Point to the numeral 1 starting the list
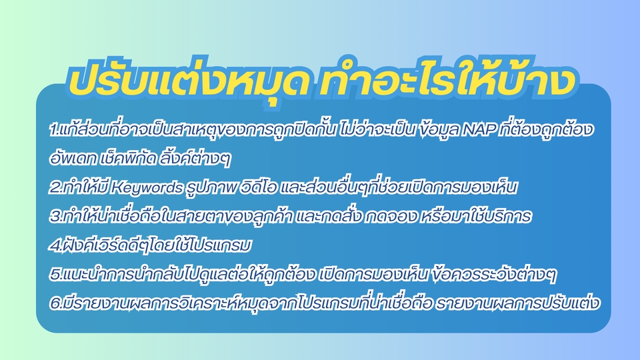point(53,129)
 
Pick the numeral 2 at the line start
point(53,188)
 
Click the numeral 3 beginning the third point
point(53,217)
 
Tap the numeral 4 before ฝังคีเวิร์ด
point(53,246)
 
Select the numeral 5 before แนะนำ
point(53,275)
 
